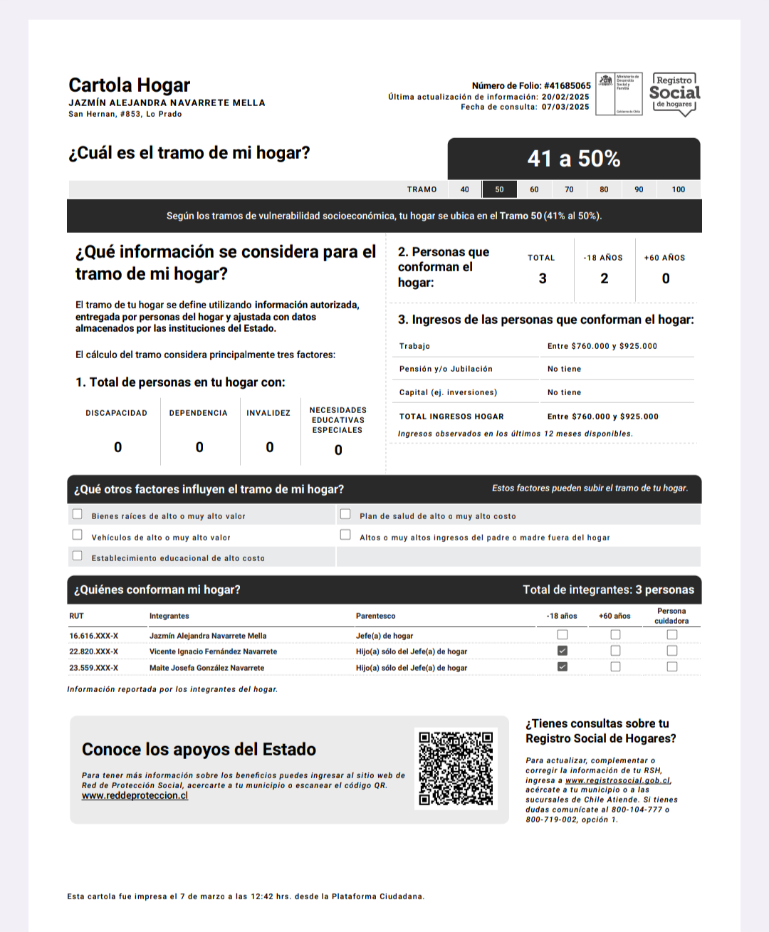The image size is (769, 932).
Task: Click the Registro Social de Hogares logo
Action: (x=674, y=94)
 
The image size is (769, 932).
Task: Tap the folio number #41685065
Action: (x=567, y=85)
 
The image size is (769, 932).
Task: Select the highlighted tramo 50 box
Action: (x=499, y=189)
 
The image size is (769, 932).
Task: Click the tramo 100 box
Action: (x=678, y=189)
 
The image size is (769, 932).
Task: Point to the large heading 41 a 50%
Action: (x=573, y=159)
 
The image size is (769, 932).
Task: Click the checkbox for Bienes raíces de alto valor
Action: (x=78, y=514)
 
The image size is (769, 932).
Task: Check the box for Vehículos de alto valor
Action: (x=78, y=535)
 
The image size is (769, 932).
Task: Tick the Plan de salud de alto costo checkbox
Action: (x=345, y=514)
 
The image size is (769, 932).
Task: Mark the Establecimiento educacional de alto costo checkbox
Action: (x=78, y=556)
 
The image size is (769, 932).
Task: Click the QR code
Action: (x=456, y=768)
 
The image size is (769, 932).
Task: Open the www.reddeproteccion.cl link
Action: (x=135, y=796)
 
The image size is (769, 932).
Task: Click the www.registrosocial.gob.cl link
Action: (x=617, y=780)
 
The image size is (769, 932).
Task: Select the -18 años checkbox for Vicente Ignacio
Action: (x=563, y=651)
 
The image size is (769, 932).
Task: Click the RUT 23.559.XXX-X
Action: (x=93, y=668)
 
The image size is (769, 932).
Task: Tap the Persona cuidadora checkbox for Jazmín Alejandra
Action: (x=671, y=634)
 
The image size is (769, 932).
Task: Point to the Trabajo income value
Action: (x=602, y=346)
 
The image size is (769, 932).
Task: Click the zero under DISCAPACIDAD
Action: (x=117, y=447)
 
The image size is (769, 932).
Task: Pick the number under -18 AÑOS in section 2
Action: (x=604, y=278)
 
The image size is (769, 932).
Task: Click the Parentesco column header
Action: (x=375, y=616)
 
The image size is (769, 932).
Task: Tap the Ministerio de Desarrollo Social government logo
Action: (x=619, y=94)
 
